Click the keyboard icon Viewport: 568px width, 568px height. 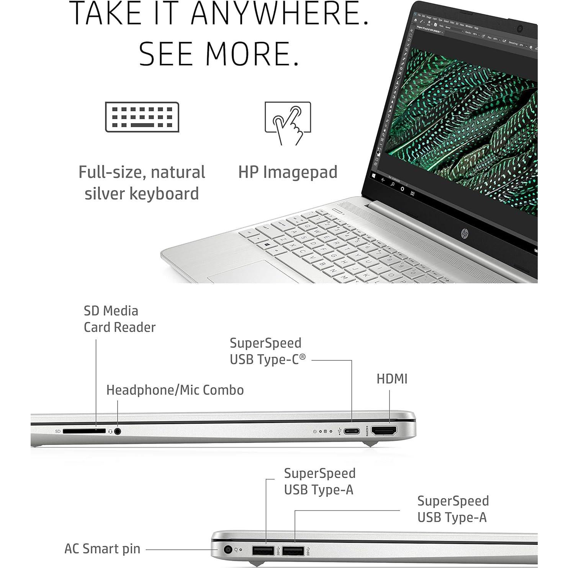click(142, 117)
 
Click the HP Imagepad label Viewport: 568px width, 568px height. click(288, 172)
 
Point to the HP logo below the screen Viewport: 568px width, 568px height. click(465, 233)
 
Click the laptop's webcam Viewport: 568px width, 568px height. click(520, 29)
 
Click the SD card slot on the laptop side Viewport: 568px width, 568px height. click(84, 431)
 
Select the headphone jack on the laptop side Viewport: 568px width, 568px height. click(118, 431)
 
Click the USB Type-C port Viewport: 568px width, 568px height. click(352, 431)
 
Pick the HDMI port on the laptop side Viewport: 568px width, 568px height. click(384, 431)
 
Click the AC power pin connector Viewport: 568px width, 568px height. click(228, 550)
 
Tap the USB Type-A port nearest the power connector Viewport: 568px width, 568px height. click(263, 551)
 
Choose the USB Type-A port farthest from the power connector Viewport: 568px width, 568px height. click(293, 551)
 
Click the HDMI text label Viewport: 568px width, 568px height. click(392, 379)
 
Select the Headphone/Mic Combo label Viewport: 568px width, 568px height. click(175, 390)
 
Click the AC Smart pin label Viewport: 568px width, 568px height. click(102, 549)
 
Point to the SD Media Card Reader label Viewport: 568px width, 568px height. click(119, 319)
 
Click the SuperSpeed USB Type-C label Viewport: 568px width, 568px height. click(268, 351)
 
